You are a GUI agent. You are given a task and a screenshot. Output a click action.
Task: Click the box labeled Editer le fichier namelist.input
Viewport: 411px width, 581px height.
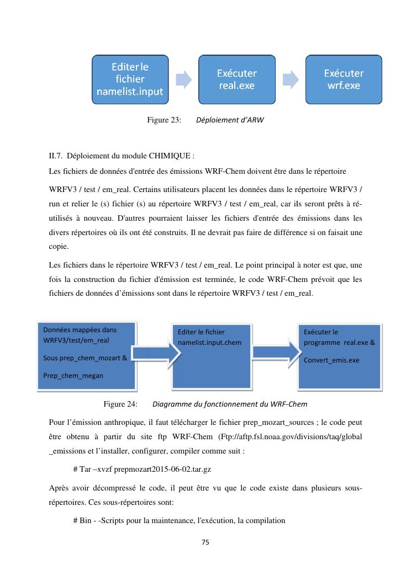(130, 79)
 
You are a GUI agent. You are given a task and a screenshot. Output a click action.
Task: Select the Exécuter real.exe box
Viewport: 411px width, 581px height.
(236, 79)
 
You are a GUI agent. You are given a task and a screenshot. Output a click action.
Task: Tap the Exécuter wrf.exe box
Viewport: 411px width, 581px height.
(344, 79)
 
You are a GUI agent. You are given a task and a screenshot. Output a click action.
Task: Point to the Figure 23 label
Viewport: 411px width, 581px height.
(164, 120)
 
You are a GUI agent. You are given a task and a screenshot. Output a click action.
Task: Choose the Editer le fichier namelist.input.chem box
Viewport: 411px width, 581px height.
(212, 357)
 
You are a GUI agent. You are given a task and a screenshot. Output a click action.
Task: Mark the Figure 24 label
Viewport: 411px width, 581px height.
(120, 404)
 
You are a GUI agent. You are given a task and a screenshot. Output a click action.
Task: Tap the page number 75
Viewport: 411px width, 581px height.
(205, 542)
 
